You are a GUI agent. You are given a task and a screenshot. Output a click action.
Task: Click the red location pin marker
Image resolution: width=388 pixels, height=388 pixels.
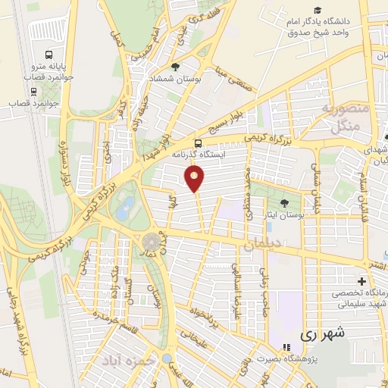click(195, 178)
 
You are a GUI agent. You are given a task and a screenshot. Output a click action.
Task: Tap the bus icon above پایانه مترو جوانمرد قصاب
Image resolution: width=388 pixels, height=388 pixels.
click(49, 55)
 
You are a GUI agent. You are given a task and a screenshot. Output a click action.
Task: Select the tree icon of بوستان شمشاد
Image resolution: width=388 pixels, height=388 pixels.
click(176, 67)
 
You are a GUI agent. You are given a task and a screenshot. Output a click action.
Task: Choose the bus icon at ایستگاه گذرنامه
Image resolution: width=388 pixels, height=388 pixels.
click(199, 142)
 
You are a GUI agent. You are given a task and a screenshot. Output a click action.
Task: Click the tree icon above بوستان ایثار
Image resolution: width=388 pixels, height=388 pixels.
click(284, 203)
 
